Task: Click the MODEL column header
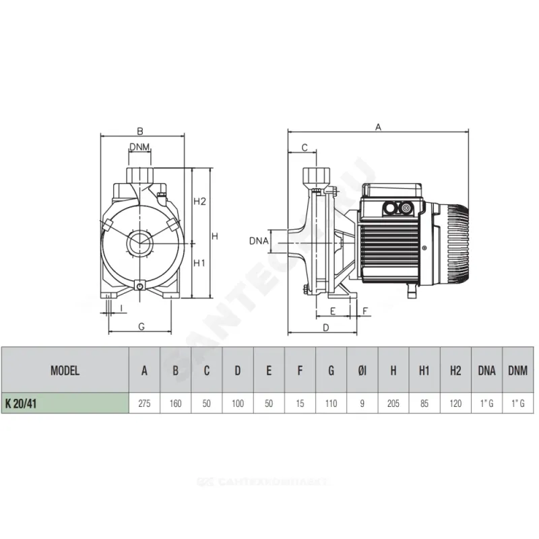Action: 65,370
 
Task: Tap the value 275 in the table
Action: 144,403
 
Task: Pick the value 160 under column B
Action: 175,403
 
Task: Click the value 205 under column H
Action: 393,403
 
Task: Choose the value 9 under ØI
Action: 362,403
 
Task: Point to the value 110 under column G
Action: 331,403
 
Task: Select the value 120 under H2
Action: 455,403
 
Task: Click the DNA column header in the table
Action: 486,370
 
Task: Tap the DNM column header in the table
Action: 517,370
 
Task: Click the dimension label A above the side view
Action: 379,127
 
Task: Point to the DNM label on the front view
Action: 139,148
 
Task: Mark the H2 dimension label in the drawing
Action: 199,201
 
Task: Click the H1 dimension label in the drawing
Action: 199,263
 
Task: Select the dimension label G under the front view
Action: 141,326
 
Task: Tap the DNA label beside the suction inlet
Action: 259,241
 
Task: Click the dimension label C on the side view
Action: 305,147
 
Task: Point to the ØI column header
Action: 362,370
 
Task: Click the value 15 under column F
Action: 300,403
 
